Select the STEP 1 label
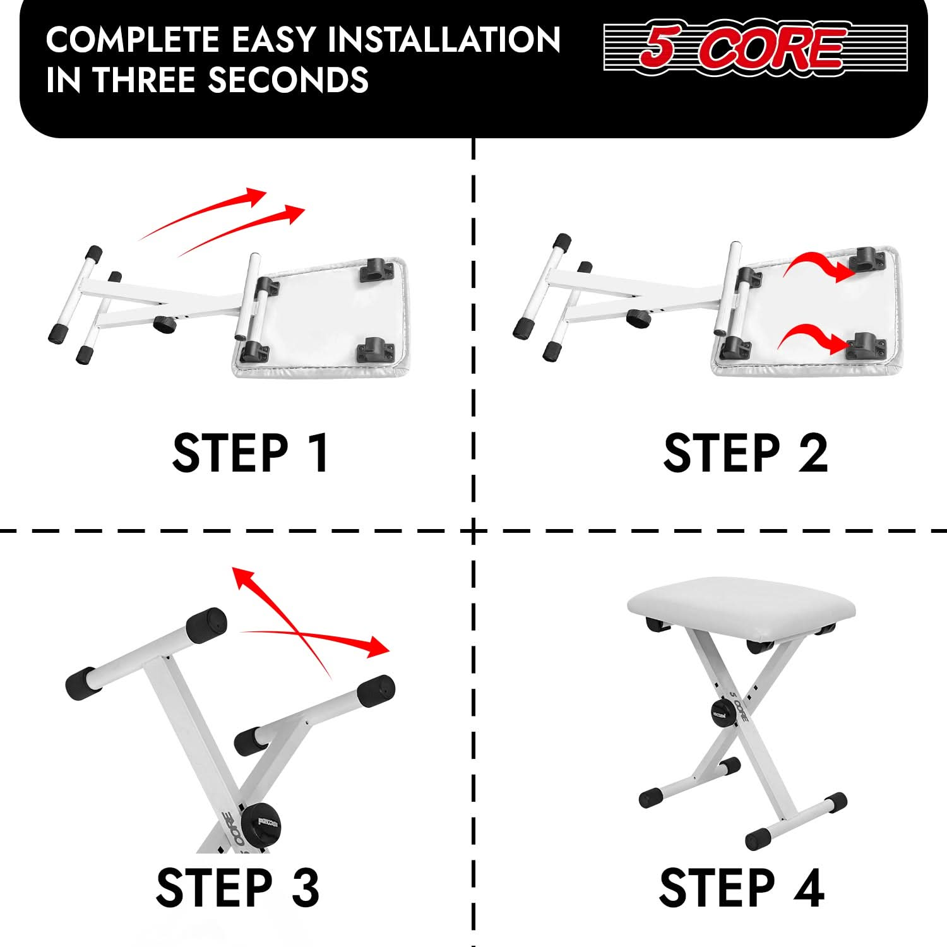[251, 453]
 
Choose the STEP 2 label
[746, 453]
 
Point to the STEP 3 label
[237, 887]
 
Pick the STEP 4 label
[742, 887]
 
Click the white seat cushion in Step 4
[741, 605]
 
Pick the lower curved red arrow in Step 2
[813, 338]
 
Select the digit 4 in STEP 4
[809, 887]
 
